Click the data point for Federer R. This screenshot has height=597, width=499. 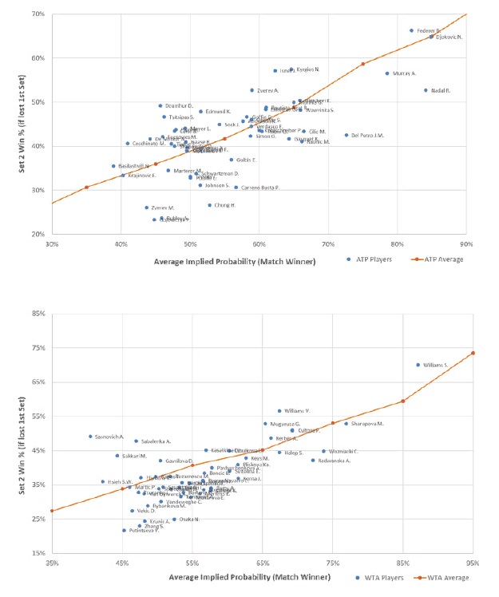pyautogui.click(x=412, y=31)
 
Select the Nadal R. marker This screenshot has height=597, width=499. pyautogui.click(x=426, y=90)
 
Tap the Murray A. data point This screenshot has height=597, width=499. pyautogui.click(x=387, y=73)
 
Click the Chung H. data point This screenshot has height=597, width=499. pyautogui.click(x=210, y=205)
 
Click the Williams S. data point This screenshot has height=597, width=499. pyautogui.click(x=418, y=365)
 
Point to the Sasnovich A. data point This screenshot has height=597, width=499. pyautogui.click(x=90, y=437)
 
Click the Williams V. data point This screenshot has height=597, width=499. pyautogui.click(x=279, y=411)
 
